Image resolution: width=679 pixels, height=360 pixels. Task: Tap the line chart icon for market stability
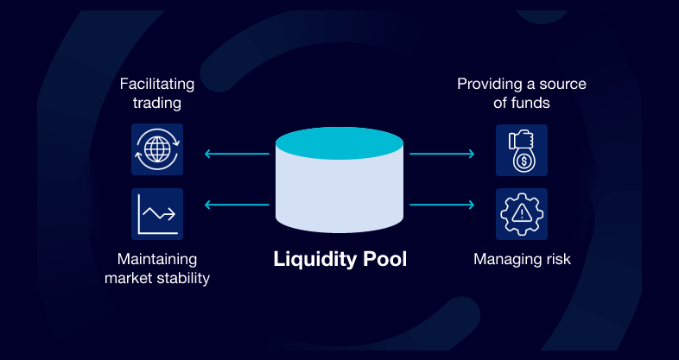pyautogui.click(x=157, y=213)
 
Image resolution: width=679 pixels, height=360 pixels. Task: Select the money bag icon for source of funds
pyautogui.click(x=522, y=150)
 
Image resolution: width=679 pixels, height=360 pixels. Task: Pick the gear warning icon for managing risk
pyautogui.click(x=522, y=213)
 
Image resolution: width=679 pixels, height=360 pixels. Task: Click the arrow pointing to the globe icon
pyautogui.click(x=236, y=155)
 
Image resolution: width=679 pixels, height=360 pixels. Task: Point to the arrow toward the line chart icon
pyautogui.click(x=236, y=205)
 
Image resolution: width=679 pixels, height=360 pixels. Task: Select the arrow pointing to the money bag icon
pyautogui.click(x=441, y=155)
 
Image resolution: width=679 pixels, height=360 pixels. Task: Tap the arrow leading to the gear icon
pyautogui.click(x=441, y=205)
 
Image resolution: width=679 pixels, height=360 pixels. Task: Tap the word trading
pyautogui.click(x=157, y=104)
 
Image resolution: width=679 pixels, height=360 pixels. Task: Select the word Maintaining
pyautogui.click(x=157, y=259)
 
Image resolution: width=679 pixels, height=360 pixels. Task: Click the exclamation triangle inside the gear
pyautogui.click(x=522, y=212)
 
